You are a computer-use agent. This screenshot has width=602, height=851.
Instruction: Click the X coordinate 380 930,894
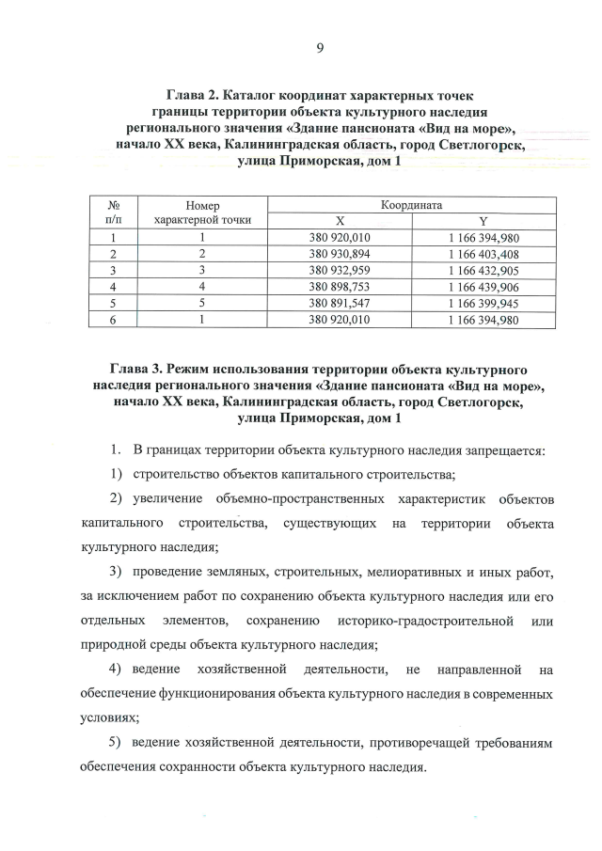(x=341, y=254)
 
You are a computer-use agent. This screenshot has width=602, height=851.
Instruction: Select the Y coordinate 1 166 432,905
(x=484, y=270)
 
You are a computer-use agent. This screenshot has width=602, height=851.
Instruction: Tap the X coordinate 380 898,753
(x=341, y=286)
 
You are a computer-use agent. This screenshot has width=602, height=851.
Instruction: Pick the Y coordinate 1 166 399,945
(x=484, y=303)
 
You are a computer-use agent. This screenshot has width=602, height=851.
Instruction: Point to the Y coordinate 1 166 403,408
(x=484, y=254)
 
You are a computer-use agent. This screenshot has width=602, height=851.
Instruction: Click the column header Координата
(x=412, y=204)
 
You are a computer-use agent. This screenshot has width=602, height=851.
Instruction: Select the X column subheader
(x=341, y=220)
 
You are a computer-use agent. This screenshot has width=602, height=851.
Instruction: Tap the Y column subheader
(x=483, y=220)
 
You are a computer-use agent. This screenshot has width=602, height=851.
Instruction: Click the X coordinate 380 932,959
(x=341, y=270)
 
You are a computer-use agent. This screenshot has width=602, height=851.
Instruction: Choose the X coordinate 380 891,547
(x=341, y=303)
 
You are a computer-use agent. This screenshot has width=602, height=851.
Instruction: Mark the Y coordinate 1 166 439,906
(x=484, y=286)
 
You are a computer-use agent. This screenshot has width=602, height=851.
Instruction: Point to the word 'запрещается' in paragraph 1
(x=502, y=449)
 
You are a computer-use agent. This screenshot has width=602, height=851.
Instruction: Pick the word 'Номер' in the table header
(x=201, y=204)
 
